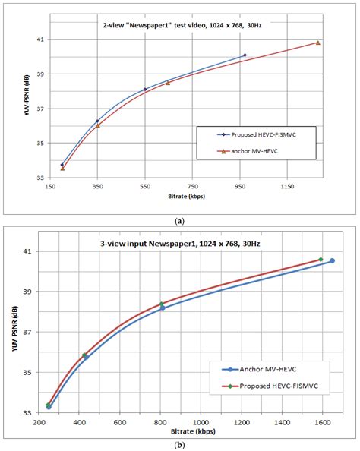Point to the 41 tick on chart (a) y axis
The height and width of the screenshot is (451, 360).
[x=41, y=39]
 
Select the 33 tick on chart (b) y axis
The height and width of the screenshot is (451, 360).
[x=30, y=413]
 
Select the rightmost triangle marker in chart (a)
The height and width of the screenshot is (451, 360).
[x=317, y=43]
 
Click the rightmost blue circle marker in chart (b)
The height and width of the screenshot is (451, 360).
[x=332, y=261]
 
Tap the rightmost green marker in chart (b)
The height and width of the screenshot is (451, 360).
[x=321, y=260]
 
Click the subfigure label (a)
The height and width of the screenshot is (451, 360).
[x=180, y=219]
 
